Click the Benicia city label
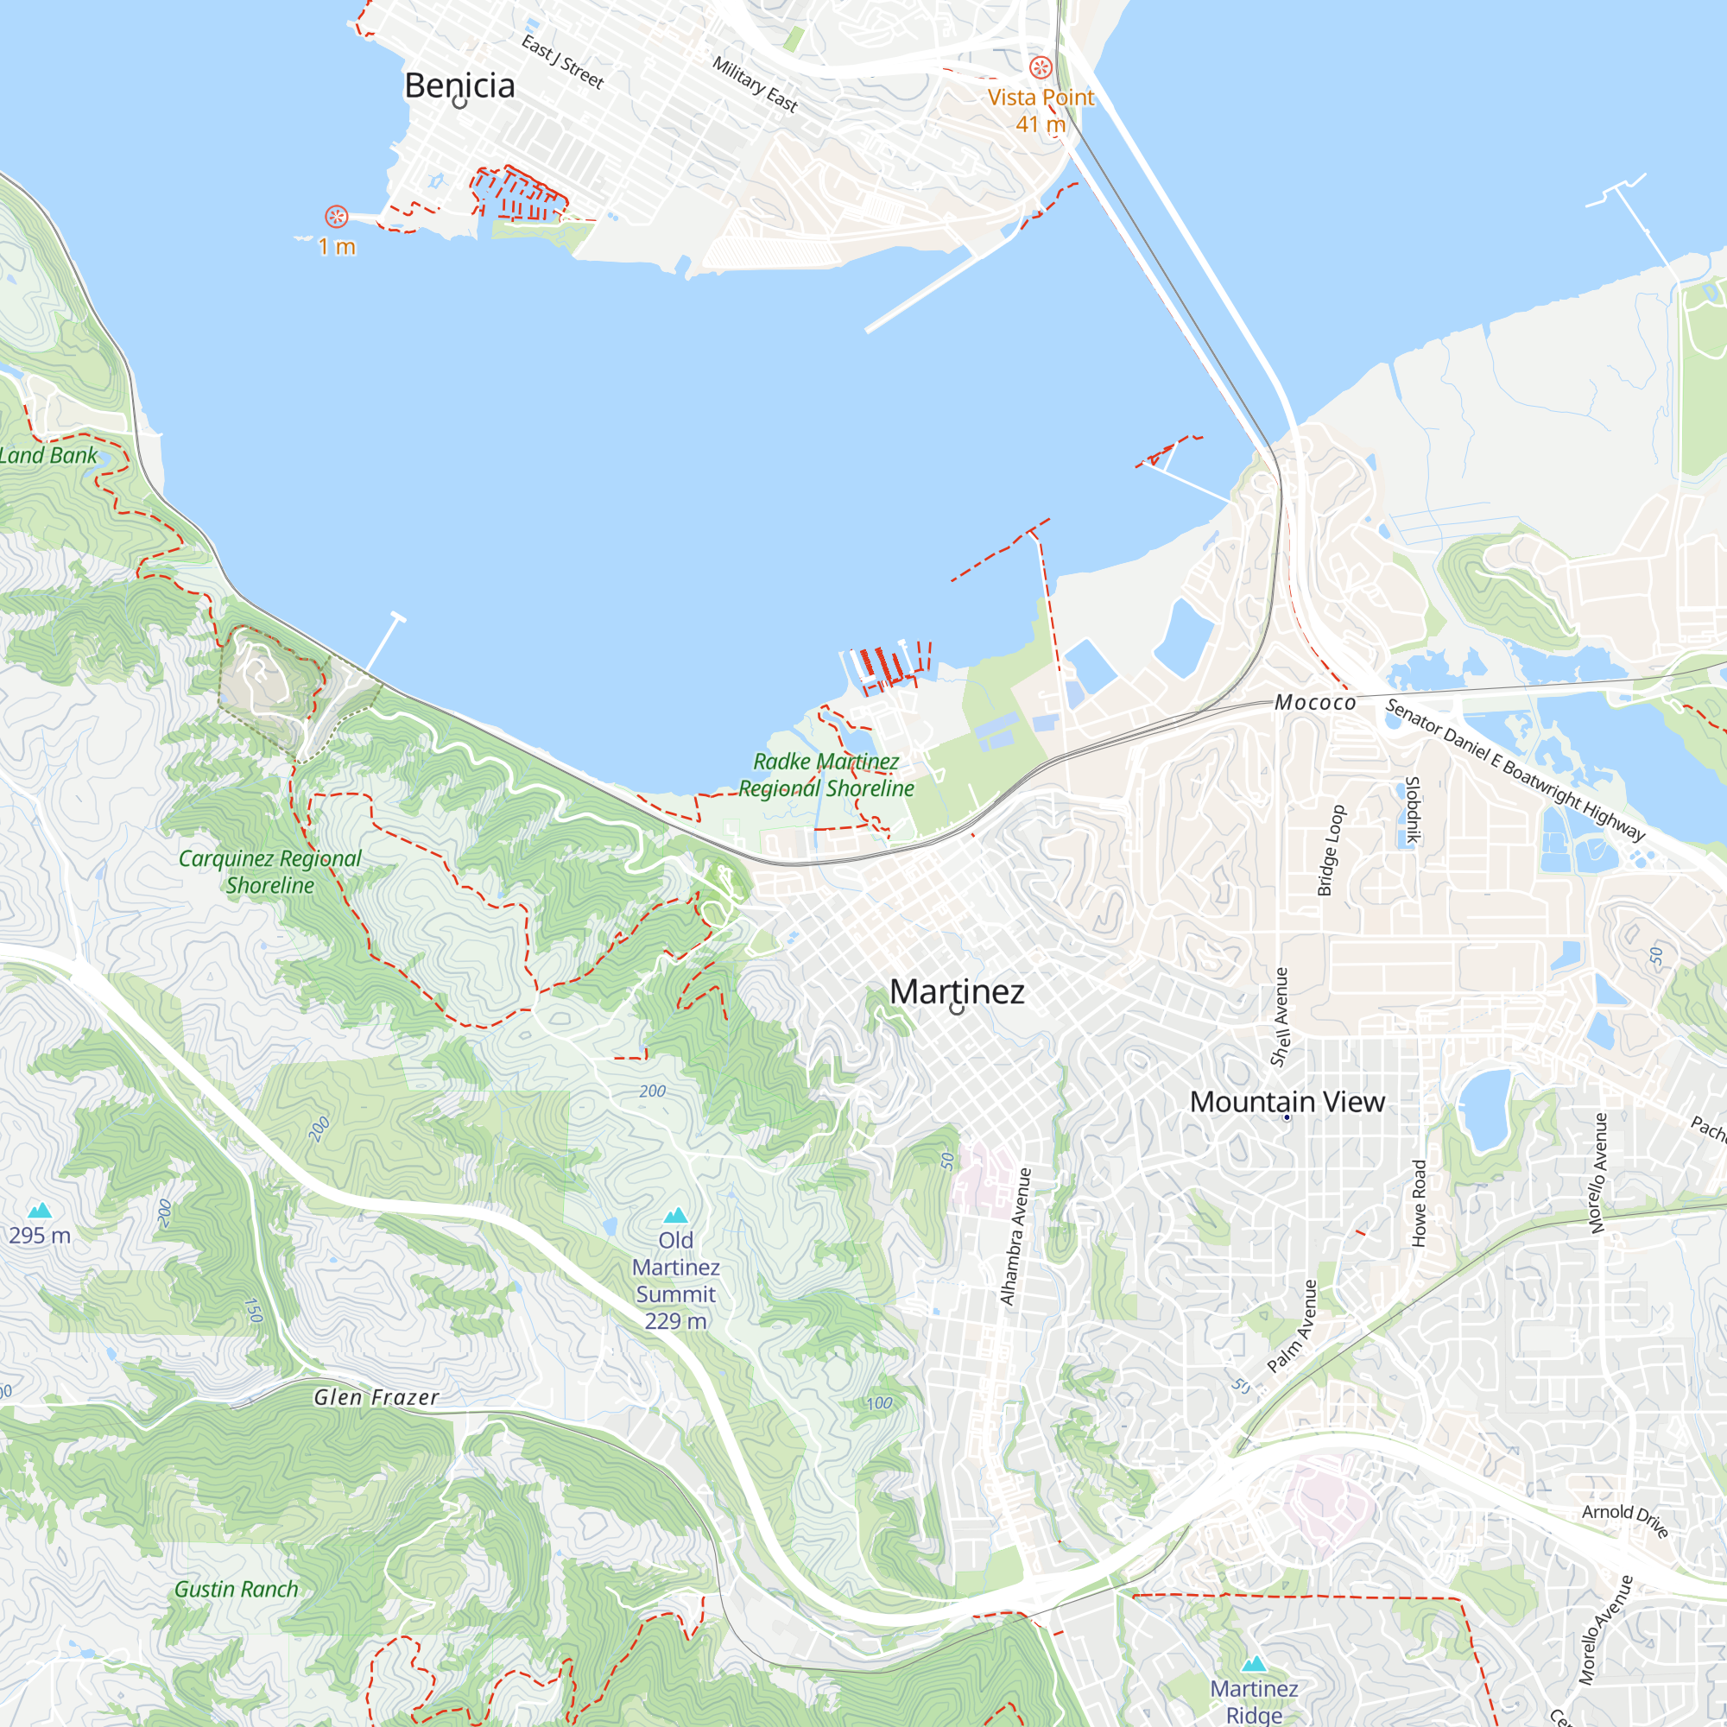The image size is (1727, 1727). (459, 85)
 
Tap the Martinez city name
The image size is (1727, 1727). (957, 991)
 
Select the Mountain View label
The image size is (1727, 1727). (1287, 1101)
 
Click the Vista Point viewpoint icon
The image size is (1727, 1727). (1041, 67)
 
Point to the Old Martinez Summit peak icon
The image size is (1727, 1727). (676, 1215)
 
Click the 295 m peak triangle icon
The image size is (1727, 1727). (40, 1211)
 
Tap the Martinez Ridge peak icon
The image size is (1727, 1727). (1254, 1664)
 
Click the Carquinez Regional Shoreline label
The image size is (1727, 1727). (270, 871)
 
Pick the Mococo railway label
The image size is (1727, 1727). (1315, 703)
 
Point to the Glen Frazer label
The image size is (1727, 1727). (376, 1397)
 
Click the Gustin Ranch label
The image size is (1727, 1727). (236, 1590)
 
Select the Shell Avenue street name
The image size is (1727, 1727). (1280, 1016)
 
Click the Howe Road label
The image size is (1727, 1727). (1419, 1203)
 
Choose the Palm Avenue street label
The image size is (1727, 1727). (1293, 1325)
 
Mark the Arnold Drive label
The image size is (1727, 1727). (1625, 1520)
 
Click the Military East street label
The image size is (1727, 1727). (755, 83)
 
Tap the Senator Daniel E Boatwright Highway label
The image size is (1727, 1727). (1515, 769)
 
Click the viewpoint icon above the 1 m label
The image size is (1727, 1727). (336, 217)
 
